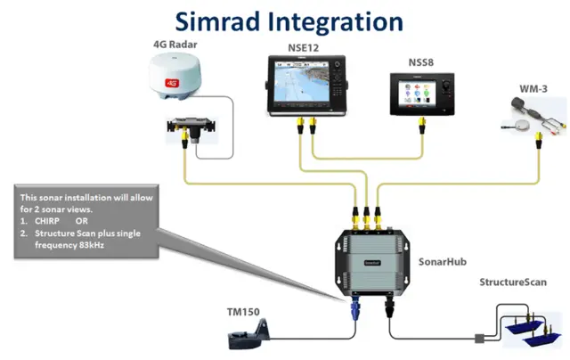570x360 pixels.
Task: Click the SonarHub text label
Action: pyautogui.click(x=441, y=264)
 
